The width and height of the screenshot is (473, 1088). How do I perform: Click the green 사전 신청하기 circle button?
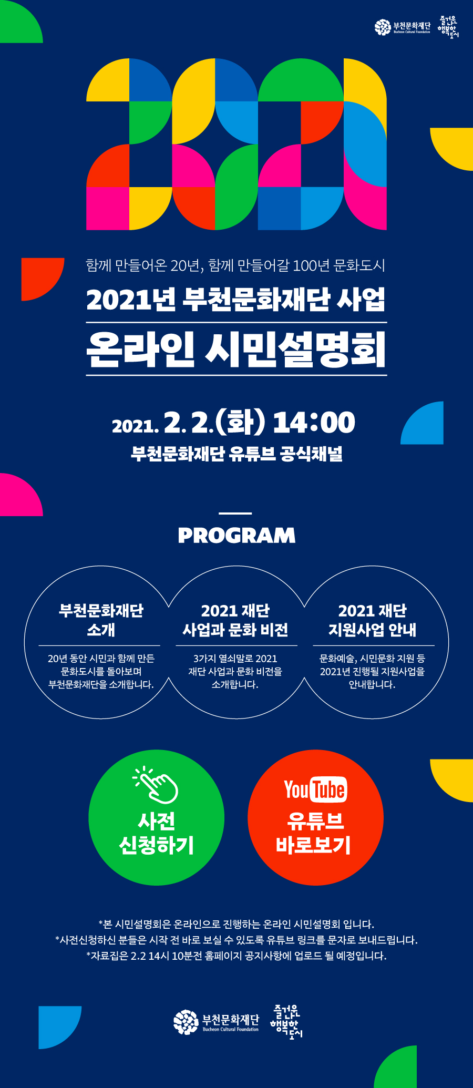click(x=157, y=817)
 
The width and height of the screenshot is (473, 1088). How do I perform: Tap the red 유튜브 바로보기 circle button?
click(x=315, y=817)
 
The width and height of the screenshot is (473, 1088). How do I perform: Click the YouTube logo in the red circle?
click(x=315, y=789)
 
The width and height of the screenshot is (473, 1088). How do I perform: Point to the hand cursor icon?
click(x=156, y=785)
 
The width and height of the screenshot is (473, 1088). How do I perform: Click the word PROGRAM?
click(x=236, y=536)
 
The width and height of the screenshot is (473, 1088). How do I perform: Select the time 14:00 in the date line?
click(x=314, y=423)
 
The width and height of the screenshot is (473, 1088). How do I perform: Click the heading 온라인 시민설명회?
click(x=236, y=349)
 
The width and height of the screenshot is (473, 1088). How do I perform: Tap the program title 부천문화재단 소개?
click(x=101, y=620)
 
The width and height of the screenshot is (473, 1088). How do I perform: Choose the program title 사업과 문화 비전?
click(x=235, y=630)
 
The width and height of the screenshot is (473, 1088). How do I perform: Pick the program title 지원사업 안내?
click(x=373, y=630)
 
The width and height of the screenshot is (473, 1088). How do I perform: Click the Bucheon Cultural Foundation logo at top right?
click(x=403, y=27)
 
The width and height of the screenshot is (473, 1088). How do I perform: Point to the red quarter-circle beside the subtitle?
click(x=43, y=279)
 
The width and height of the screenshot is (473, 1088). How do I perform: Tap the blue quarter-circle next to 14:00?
click(x=422, y=423)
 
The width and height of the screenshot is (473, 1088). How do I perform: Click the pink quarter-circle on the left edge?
click(x=21, y=495)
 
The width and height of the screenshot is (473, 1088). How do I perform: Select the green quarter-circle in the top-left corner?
click(x=21, y=21)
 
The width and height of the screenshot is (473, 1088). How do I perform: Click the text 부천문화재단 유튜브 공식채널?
click(x=236, y=454)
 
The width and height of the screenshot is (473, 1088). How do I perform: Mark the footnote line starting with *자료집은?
click(x=236, y=956)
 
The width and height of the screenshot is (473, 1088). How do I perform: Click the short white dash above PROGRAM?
click(x=235, y=513)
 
